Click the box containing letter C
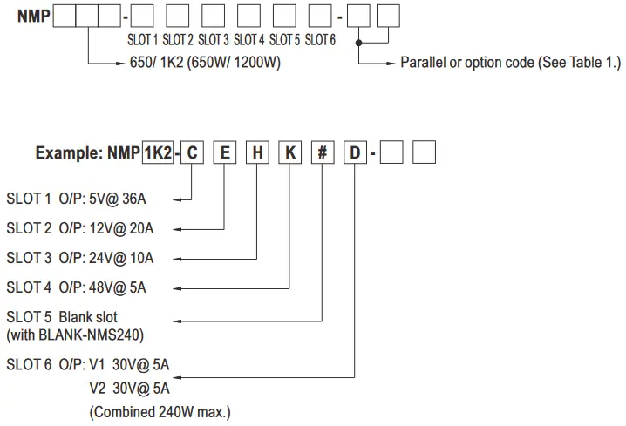193,152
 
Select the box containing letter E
225,152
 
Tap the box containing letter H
257,152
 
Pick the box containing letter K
289,152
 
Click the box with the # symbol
322,152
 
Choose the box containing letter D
354,152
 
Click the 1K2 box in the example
158,152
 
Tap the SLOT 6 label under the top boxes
320,40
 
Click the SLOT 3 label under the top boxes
213,40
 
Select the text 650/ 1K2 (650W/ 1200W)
204,63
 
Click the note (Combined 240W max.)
160,411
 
